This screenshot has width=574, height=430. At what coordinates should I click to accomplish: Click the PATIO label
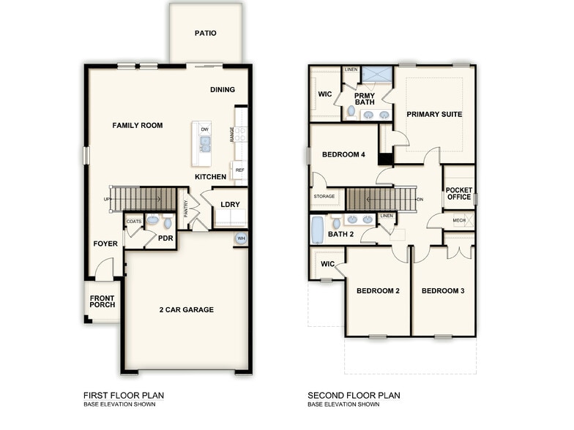click(x=206, y=33)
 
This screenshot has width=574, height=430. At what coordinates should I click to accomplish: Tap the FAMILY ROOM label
click(x=138, y=126)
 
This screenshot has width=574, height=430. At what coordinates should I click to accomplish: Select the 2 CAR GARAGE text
click(x=187, y=310)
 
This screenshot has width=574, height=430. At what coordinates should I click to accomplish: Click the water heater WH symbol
click(x=240, y=238)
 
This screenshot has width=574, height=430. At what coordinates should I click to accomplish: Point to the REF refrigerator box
click(x=239, y=170)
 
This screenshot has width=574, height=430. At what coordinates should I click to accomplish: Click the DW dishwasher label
click(x=205, y=129)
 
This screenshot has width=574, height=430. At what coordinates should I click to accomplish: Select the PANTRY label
click(x=187, y=209)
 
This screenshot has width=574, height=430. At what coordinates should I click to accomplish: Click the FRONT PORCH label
click(x=102, y=302)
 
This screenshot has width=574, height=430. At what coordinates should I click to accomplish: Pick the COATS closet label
click(x=133, y=221)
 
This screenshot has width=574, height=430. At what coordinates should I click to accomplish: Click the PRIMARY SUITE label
click(x=435, y=114)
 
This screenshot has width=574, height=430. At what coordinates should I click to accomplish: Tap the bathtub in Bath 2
click(x=318, y=229)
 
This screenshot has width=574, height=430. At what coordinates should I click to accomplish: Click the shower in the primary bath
click(x=377, y=75)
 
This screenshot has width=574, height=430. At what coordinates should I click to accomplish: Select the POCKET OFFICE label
click(x=458, y=194)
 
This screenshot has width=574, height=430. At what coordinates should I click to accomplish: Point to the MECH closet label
click(x=459, y=220)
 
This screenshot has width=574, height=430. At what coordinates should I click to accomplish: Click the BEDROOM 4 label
click(x=343, y=154)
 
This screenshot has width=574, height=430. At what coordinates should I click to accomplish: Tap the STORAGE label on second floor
click(x=324, y=196)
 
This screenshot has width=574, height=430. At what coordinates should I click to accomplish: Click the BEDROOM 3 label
click(x=443, y=291)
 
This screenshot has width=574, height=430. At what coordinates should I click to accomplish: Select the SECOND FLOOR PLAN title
click(x=354, y=396)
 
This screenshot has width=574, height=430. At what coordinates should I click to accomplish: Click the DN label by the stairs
click(x=420, y=199)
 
